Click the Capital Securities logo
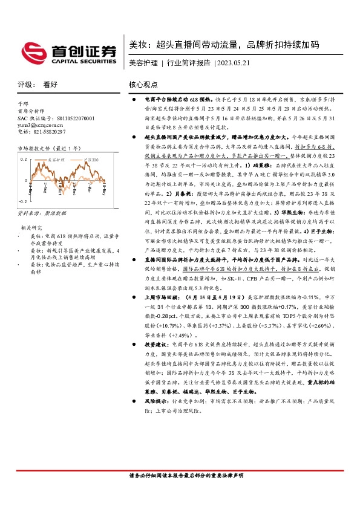[68, 53]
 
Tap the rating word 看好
[51, 85]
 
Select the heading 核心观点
[143, 85]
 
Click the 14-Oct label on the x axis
[61, 181]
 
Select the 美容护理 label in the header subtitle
[143, 63]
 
